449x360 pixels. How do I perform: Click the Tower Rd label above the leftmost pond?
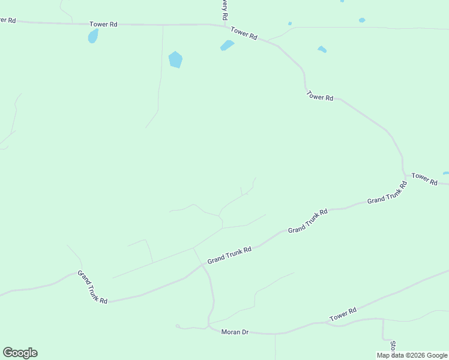point(103,25)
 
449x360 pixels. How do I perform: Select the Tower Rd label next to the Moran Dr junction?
point(343,314)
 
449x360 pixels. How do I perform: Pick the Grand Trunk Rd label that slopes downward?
point(92,287)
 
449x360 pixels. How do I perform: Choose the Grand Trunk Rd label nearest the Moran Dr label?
point(229,255)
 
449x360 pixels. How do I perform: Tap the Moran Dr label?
point(235,332)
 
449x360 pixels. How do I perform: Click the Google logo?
point(20,353)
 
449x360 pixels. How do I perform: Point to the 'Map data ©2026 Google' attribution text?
point(412,355)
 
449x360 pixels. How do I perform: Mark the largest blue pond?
point(175,59)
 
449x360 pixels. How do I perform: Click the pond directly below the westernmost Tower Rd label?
point(93,36)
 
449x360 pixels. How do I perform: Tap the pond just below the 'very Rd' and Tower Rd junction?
point(227,46)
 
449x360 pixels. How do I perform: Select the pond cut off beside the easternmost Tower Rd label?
point(446,173)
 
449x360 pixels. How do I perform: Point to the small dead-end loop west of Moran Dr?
point(178,326)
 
